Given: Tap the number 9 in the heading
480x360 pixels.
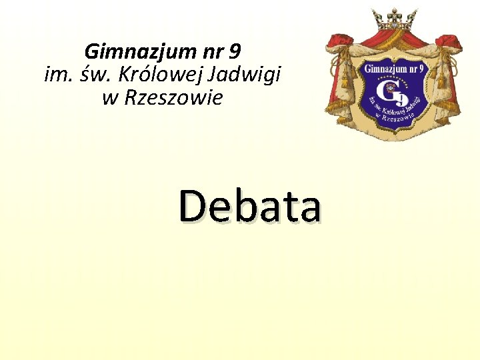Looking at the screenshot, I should click(x=234, y=50).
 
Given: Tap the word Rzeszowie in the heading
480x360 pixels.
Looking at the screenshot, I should click(x=172, y=98).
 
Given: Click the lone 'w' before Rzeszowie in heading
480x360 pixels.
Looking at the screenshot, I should click(x=110, y=99).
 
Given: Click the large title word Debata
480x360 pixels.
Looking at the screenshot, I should click(x=250, y=205).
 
